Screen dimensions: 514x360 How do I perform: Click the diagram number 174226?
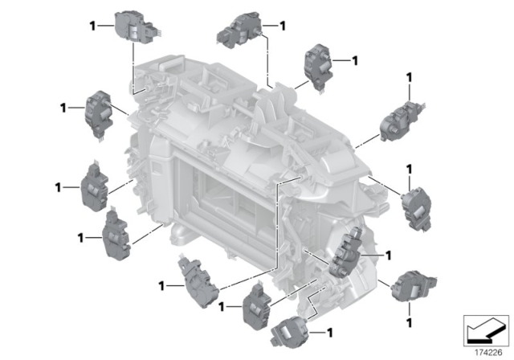tap(488, 353)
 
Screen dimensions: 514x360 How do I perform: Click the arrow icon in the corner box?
tap(485, 330)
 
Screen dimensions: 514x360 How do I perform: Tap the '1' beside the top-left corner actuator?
tap(93, 26)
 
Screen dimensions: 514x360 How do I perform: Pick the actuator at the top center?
tap(239, 30)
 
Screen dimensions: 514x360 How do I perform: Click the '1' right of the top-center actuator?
tap(282, 26)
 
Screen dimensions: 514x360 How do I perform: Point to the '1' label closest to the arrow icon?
tap(409, 323)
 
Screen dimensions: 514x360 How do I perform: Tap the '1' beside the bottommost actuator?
tap(330, 333)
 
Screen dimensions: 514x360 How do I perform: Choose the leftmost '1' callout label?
tap(58, 188)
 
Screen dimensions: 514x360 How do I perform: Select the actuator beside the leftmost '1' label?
tap(95, 186)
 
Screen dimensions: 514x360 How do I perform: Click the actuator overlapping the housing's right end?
tap(347, 252)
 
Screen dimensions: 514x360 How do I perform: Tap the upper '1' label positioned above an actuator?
tap(409, 78)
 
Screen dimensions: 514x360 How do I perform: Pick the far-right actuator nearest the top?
tap(402, 121)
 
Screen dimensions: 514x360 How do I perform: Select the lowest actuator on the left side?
tap(116, 235)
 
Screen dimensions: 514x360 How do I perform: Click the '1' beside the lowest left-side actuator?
tap(80, 238)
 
